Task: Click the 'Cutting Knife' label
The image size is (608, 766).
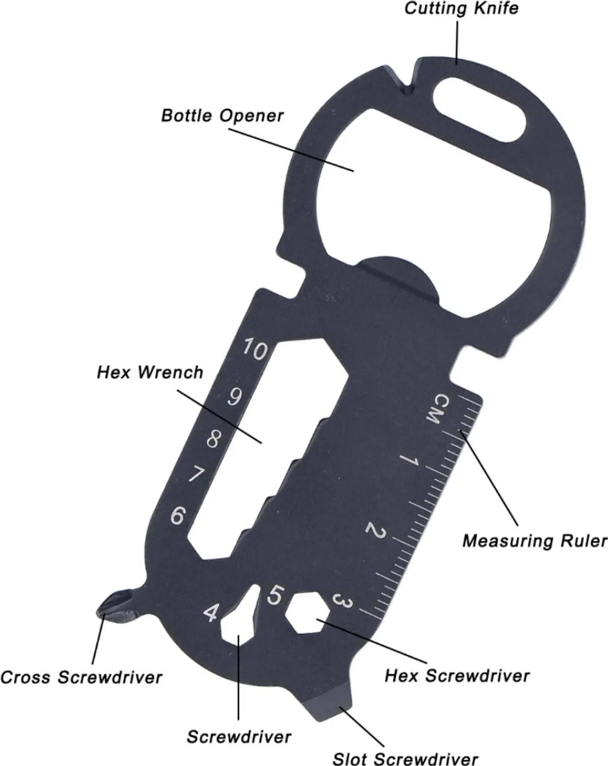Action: (x=461, y=8)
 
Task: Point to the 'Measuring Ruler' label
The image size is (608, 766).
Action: (x=535, y=541)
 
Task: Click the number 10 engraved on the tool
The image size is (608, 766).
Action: (x=255, y=350)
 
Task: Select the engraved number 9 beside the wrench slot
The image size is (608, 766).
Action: (x=235, y=397)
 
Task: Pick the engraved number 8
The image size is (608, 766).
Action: (x=213, y=439)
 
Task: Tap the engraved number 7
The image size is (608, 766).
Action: (x=196, y=475)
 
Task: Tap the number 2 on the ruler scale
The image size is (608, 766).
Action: (x=375, y=530)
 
